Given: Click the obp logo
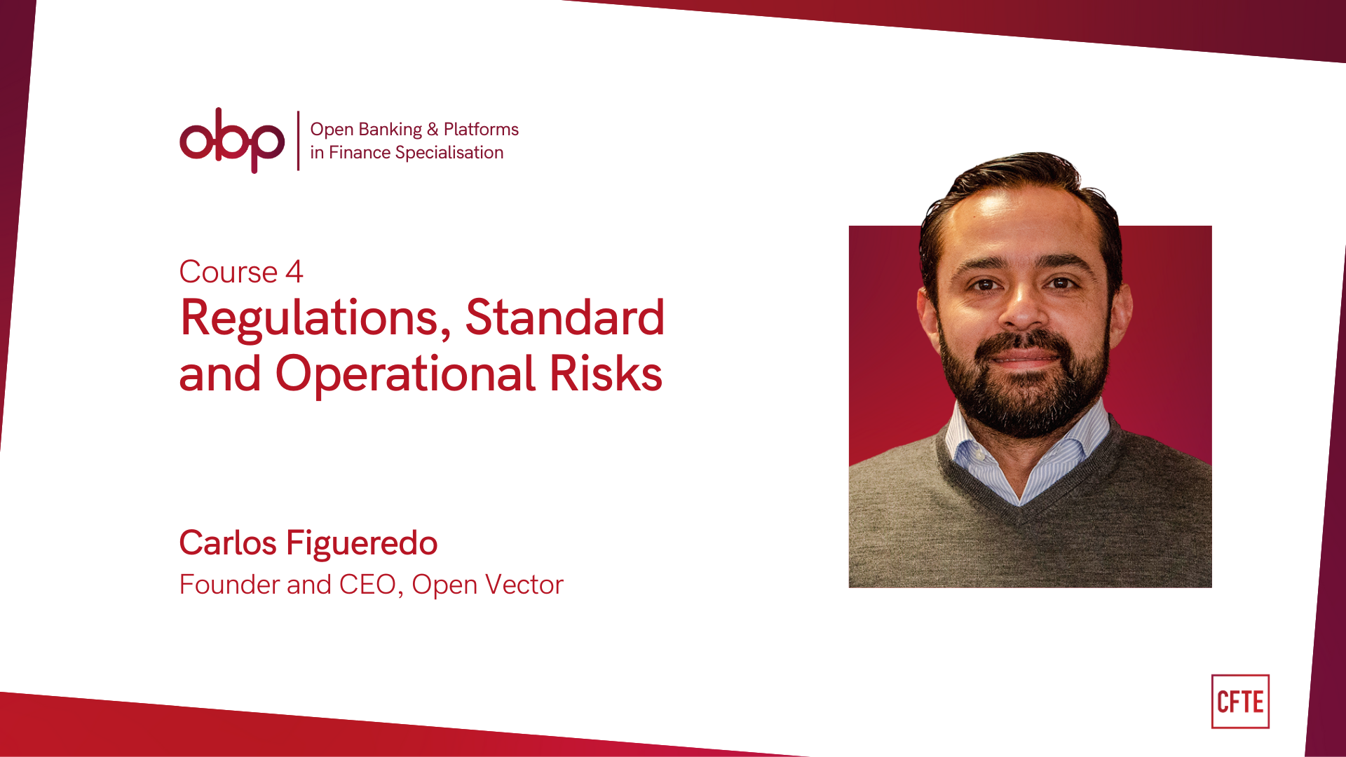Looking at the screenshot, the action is point(232,140).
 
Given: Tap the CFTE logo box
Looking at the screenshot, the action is point(1240,702).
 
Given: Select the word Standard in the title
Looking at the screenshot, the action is point(564,318).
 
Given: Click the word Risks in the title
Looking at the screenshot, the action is point(606,374).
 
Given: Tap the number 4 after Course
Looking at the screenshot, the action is point(294,272).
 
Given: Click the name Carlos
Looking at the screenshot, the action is point(228,543).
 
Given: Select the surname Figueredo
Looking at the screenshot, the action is point(362,544).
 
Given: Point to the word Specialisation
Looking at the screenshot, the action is point(449,153).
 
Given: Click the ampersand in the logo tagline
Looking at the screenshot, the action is point(433,130).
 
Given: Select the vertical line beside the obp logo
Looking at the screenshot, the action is point(298,140).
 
